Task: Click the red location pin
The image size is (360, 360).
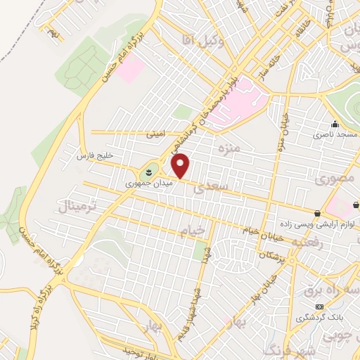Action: [181, 165]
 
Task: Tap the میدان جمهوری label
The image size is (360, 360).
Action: [143, 184]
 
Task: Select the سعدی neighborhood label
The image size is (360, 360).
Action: [214, 188]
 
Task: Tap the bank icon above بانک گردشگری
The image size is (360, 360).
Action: [319, 307]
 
